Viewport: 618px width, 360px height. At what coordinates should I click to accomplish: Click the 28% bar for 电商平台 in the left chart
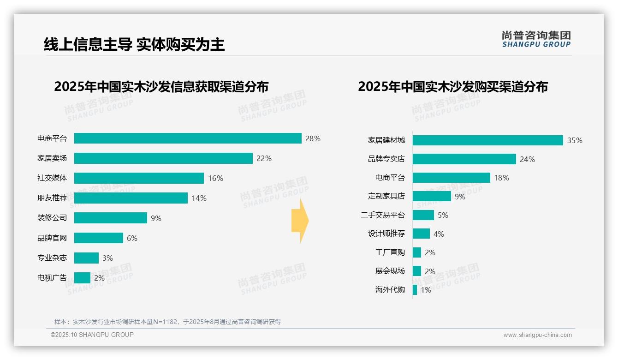tap(188, 138)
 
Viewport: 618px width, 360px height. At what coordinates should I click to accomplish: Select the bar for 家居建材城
tap(487, 140)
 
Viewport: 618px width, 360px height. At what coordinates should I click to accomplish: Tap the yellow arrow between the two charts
tap(300, 221)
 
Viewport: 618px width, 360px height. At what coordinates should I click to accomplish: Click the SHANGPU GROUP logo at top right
tap(536, 39)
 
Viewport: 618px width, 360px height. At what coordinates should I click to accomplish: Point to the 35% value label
tap(575, 141)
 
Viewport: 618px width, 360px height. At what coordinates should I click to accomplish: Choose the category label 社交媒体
tap(52, 178)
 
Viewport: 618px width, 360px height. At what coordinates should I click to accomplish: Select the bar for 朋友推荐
tap(131, 198)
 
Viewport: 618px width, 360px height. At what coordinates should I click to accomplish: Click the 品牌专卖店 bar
tap(464, 159)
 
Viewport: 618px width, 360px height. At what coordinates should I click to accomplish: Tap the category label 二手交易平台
tap(383, 215)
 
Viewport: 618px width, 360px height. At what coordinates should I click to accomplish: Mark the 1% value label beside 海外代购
tap(426, 290)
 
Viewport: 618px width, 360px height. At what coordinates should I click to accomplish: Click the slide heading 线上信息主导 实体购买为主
tap(134, 45)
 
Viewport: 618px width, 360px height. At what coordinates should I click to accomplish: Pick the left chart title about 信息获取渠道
tap(161, 87)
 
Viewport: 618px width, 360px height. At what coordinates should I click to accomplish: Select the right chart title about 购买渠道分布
tap(452, 87)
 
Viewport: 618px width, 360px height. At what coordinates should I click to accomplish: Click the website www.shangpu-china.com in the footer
tap(537, 335)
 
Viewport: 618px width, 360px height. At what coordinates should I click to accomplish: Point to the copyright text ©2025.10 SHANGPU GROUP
tap(92, 335)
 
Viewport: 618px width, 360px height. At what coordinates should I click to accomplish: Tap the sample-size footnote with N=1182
tap(167, 322)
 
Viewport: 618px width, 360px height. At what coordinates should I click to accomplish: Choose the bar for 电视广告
tap(82, 278)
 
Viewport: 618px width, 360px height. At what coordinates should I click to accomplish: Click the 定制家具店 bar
tap(432, 196)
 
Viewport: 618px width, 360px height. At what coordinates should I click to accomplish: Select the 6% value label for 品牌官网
tap(132, 239)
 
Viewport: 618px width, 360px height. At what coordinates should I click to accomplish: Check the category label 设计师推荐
tap(386, 234)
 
